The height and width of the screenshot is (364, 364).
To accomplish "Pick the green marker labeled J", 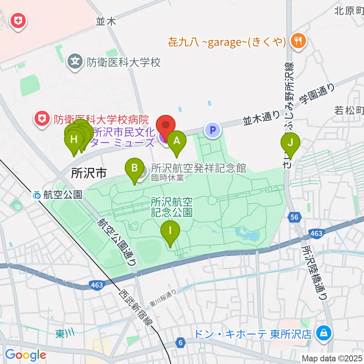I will [x=290, y=143].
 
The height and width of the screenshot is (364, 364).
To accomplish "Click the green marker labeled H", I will [x=74, y=140].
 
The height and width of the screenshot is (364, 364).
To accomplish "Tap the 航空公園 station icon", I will [x=37, y=195].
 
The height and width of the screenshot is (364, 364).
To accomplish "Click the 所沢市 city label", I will [x=88, y=174].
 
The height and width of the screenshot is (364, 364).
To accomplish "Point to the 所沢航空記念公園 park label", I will [x=172, y=207].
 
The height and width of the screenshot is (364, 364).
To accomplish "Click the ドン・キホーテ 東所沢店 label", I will [x=253, y=334].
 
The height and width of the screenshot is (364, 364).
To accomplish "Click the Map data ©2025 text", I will [x=332, y=358].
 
